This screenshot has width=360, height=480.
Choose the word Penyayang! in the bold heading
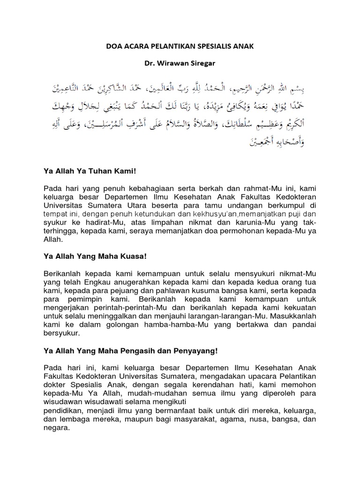pos(195,351)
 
